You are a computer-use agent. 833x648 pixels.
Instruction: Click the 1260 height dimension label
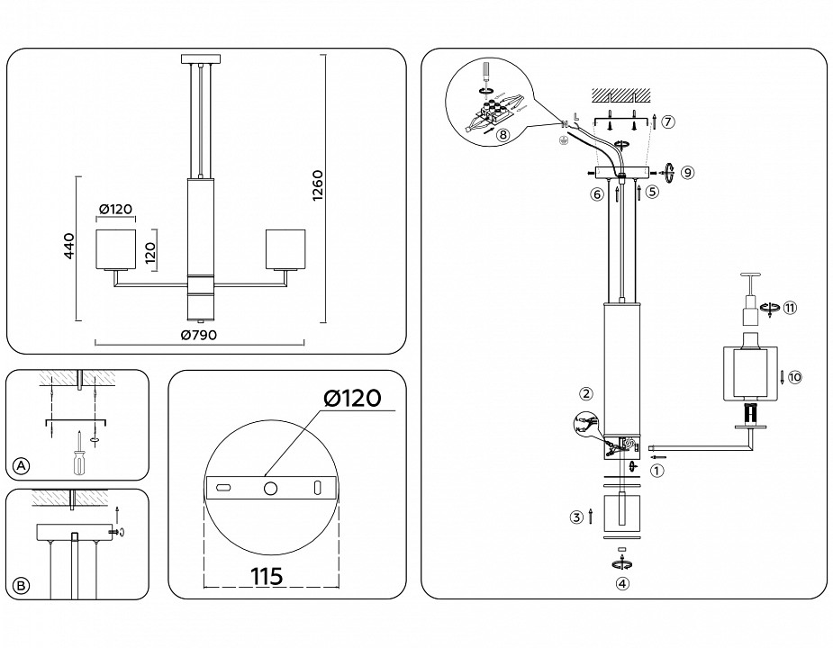point(317,185)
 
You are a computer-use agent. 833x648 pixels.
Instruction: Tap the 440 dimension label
point(67,248)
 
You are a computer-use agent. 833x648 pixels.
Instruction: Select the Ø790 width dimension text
point(198,335)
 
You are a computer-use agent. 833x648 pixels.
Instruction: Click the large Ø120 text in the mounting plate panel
point(347,398)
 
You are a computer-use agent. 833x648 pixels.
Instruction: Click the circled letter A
point(22,465)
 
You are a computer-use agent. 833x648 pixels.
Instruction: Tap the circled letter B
point(22,585)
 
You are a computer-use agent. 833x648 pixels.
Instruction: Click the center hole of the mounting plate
point(270,487)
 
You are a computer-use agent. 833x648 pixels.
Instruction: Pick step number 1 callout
point(658,469)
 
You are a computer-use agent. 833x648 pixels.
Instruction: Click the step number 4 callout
point(621,582)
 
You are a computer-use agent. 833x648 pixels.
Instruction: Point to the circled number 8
point(503,134)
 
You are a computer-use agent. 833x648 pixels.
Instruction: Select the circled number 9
point(687,171)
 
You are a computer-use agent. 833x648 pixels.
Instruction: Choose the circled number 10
point(793,377)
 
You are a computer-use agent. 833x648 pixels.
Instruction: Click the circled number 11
point(790,308)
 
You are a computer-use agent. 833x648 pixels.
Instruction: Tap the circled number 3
point(575,517)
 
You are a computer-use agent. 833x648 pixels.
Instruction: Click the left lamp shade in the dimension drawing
point(116,249)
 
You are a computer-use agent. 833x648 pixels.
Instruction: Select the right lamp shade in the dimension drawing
point(285,249)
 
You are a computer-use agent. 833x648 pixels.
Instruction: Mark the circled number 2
point(585,393)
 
